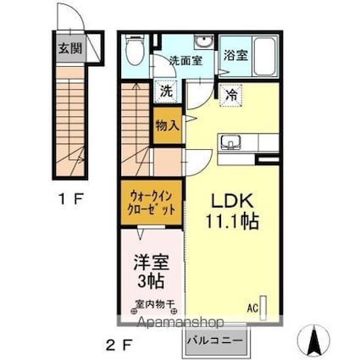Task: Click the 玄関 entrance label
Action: point(69,48)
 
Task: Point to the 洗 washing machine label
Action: point(167,90)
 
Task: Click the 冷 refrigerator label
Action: point(231,95)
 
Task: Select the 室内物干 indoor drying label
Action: point(152,304)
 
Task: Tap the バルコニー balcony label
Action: point(214,341)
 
